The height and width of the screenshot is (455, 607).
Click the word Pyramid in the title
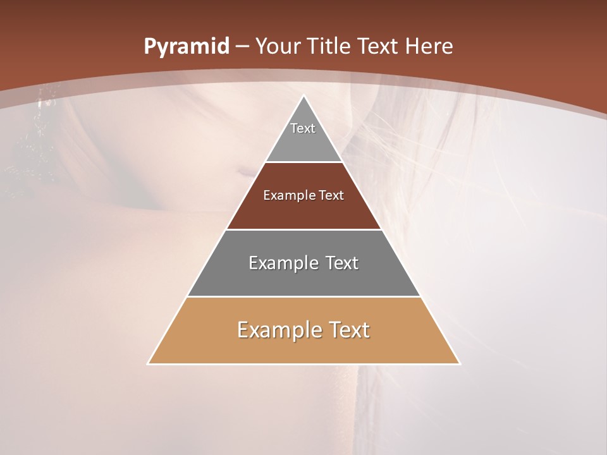186,47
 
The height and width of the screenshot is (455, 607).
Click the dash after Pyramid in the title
242,47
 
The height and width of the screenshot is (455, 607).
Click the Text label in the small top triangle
303,128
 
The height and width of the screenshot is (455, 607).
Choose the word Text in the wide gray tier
342,263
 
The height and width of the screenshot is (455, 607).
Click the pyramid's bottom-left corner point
148,364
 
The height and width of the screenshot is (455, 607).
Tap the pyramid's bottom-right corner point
460,364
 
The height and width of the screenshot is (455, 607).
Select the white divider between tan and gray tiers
303,296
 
